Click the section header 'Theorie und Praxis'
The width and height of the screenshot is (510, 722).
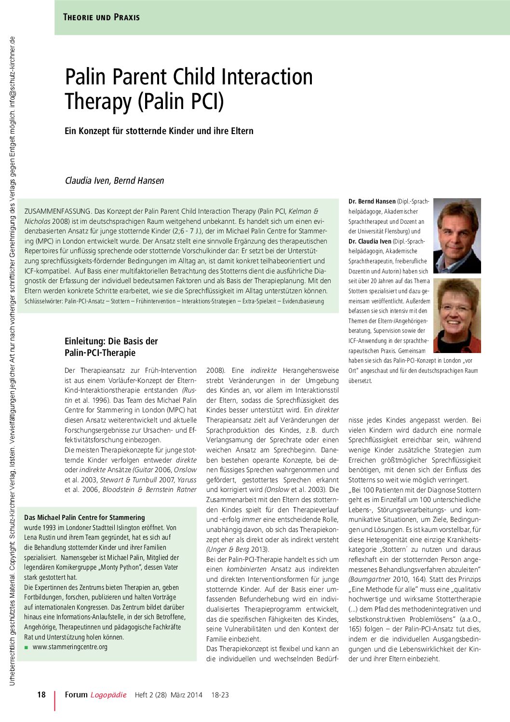point(101,17)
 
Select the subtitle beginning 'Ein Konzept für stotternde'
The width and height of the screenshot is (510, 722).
point(159,131)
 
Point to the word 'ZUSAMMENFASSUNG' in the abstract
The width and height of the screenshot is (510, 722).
point(57,211)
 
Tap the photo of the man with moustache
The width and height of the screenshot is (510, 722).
point(456,236)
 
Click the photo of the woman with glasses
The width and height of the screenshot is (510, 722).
point(456,316)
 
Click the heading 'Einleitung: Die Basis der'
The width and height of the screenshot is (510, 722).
point(111,341)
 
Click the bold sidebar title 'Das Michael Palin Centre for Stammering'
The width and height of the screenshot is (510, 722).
point(84,518)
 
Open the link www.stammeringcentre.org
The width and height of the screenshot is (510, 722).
point(70,647)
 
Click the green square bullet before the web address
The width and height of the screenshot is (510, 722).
point(27,647)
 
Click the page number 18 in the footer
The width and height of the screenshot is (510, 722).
point(41,695)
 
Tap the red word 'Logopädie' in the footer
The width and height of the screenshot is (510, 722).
point(108,695)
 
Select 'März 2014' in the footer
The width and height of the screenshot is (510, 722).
point(187,695)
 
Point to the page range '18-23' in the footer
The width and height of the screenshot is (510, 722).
point(220,695)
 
